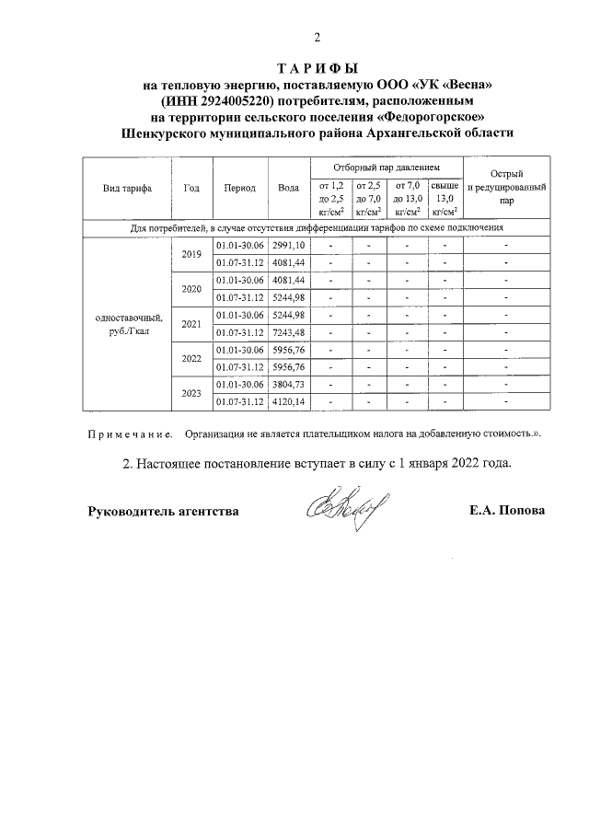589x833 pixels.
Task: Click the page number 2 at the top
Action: (318, 38)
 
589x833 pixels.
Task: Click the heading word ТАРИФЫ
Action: (318, 69)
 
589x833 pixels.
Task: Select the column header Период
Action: (239, 188)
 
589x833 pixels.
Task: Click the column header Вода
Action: (288, 188)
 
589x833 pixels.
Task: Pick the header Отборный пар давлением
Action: (385, 168)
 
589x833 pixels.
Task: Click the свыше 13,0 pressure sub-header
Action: (445, 198)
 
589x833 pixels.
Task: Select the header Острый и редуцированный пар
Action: (508, 187)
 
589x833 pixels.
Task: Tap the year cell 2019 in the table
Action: (191, 254)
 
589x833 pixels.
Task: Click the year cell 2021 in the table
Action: (191, 324)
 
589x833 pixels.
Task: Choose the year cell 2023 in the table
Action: (191, 394)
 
